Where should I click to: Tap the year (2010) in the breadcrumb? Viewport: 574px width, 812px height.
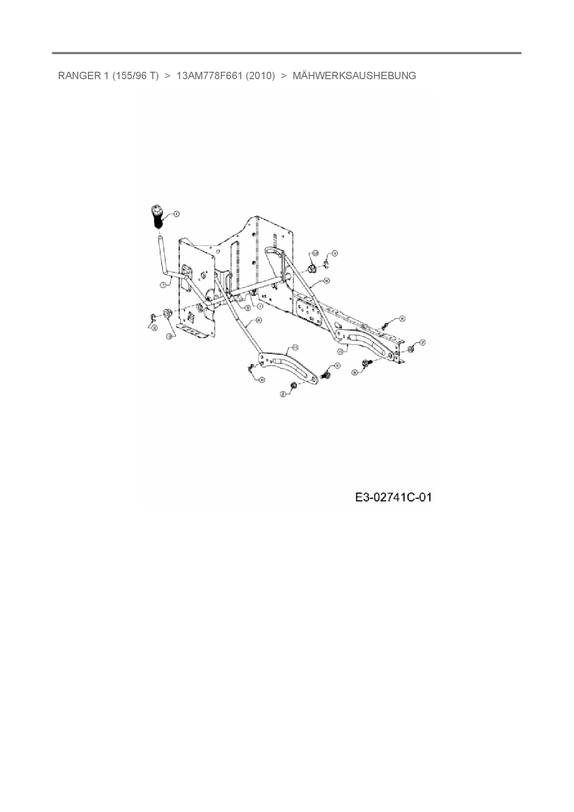pos(261,75)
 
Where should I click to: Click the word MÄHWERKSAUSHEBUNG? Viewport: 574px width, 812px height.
pos(354,75)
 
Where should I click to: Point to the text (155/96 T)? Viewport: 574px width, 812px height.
pos(135,75)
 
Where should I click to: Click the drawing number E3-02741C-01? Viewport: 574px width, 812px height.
pos(393,498)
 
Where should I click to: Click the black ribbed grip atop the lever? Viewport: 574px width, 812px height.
pos(156,217)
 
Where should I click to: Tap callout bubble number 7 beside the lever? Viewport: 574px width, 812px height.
pos(163,285)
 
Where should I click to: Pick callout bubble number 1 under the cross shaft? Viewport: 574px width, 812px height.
pos(260,306)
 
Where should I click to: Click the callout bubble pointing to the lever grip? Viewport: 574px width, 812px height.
pos(176,213)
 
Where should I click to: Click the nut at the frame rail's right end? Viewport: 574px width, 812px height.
pos(410,349)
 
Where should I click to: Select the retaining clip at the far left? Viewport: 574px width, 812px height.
pos(152,317)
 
